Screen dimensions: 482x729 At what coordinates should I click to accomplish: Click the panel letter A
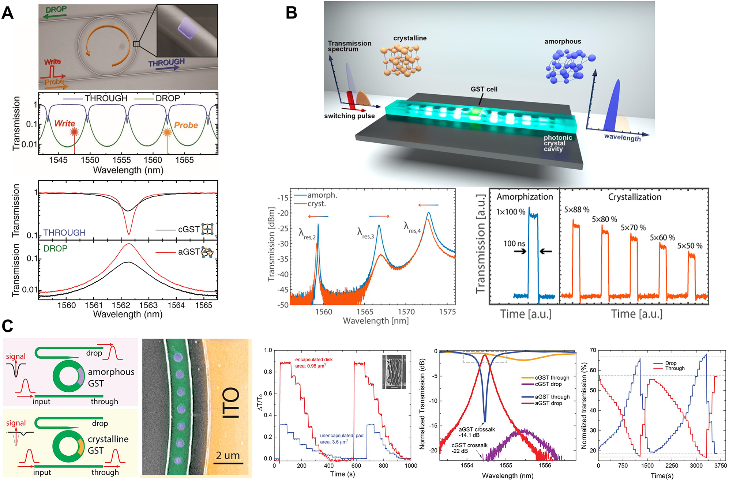coord(8,13)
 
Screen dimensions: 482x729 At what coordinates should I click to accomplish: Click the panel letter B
coord(291,13)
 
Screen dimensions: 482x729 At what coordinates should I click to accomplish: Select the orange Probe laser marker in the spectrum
coord(167,132)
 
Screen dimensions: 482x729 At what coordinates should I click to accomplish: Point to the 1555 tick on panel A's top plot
coord(121,160)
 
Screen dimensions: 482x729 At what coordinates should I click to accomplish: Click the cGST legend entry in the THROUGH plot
coord(188,229)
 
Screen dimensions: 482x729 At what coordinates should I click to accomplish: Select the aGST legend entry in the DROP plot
coord(189,252)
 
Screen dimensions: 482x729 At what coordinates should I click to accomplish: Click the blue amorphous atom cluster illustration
coord(569,66)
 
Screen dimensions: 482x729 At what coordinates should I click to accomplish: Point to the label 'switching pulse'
coord(349,116)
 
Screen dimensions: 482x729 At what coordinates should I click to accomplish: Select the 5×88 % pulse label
coord(576,210)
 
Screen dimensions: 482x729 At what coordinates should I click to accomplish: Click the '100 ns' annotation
coord(514,243)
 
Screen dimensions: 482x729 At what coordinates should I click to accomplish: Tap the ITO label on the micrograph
coord(230,402)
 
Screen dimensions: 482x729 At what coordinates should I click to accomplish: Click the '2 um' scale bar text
coord(228,456)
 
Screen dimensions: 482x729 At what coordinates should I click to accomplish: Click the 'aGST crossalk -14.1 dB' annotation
coord(477,432)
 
